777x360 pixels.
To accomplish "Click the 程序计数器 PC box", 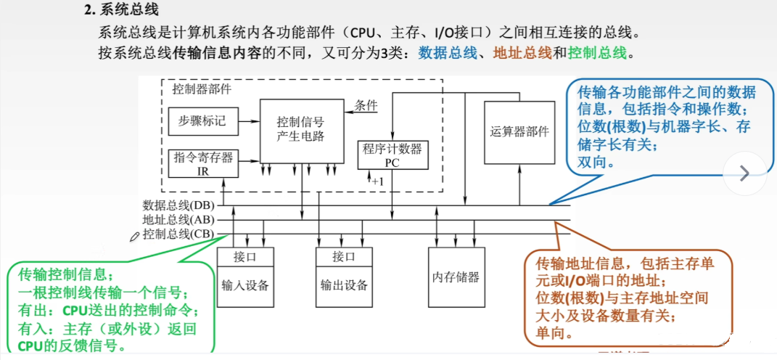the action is (392, 154).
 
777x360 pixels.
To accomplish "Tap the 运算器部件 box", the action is (519, 132).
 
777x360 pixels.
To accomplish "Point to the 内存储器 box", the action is (456, 277).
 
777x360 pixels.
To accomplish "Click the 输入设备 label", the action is (245, 286).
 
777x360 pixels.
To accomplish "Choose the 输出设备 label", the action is (345, 286).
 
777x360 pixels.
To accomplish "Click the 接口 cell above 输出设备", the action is (345, 257).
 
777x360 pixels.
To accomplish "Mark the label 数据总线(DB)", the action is (178, 205).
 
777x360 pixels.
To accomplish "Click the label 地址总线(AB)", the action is (178, 219).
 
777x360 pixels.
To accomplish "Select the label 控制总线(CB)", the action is (178, 234).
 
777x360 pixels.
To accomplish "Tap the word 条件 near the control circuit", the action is (366, 105).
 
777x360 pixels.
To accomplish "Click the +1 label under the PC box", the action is (377, 181).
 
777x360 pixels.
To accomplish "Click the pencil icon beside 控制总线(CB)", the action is (134, 237).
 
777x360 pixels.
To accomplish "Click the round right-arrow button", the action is (744, 173).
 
